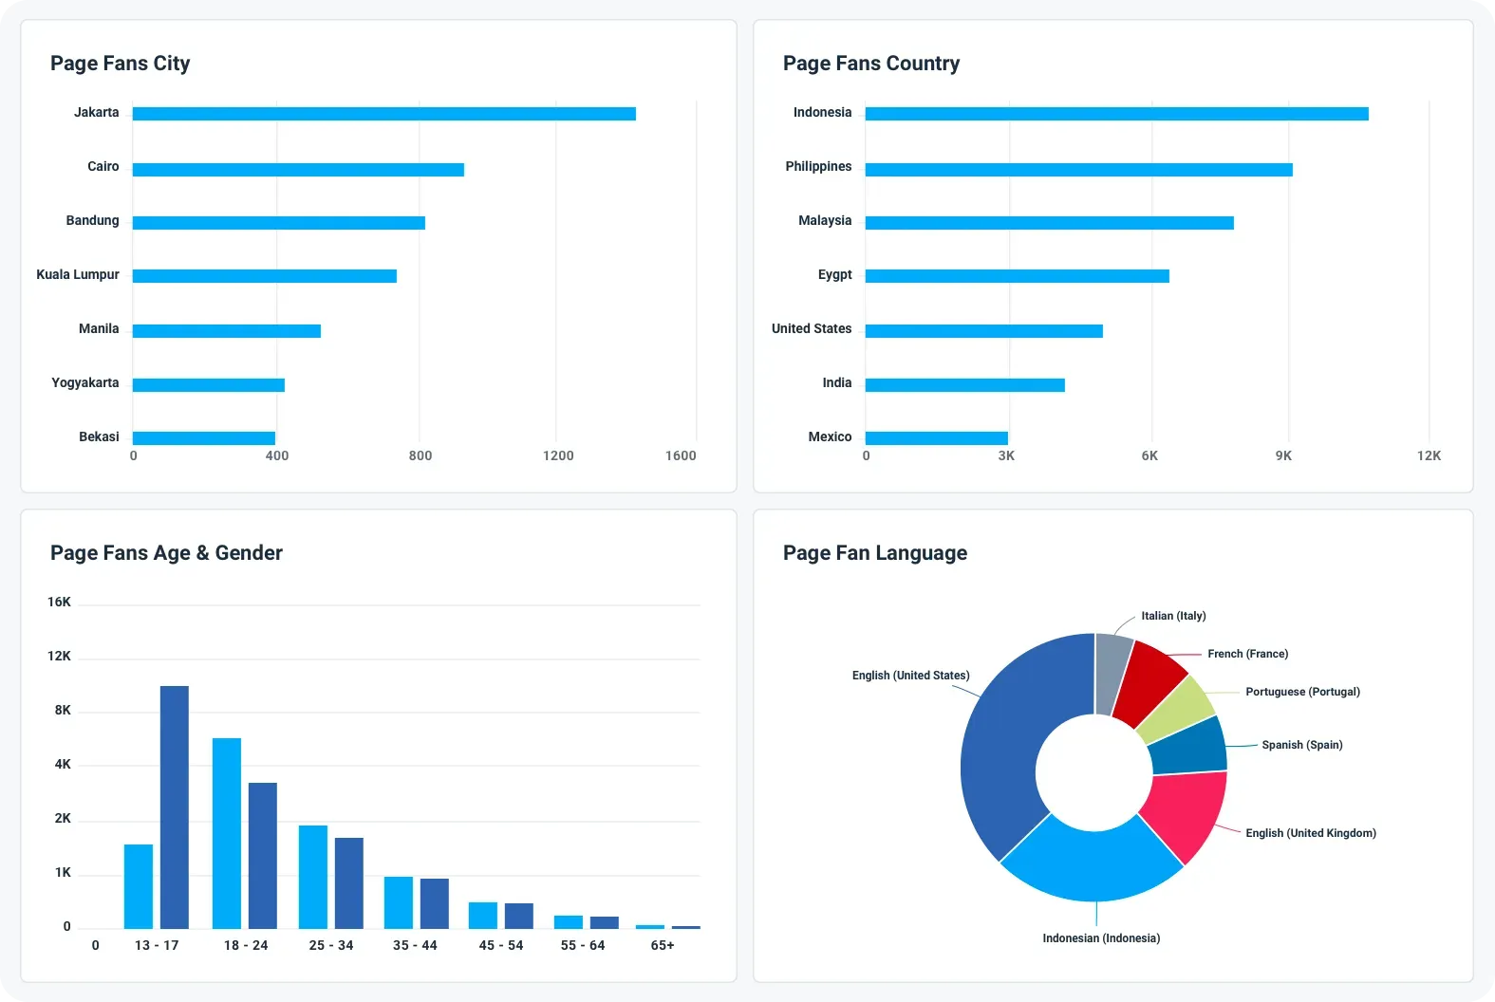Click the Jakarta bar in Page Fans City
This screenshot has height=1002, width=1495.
(383, 114)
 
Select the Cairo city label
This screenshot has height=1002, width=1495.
(103, 167)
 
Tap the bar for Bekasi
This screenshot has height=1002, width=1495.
(203, 438)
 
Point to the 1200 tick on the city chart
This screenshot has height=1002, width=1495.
(558, 455)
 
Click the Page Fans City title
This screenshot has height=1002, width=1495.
(120, 64)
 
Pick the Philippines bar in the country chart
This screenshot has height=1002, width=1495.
(1078, 170)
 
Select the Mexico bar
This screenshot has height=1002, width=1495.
(936, 438)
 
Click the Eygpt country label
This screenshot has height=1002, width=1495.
(834, 275)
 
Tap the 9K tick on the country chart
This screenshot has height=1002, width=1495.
(1283, 455)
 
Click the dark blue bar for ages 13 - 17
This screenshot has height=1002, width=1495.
(175, 807)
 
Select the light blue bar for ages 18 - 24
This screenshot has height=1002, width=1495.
(227, 833)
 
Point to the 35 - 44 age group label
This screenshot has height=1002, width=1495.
(415, 945)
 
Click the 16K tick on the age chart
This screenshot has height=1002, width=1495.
(59, 602)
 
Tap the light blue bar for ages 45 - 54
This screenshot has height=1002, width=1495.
(483, 916)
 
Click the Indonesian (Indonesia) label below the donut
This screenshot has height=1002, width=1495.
(1101, 938)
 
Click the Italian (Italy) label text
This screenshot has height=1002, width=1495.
(1173, 616)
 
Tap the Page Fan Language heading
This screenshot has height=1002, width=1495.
(874, 553)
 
